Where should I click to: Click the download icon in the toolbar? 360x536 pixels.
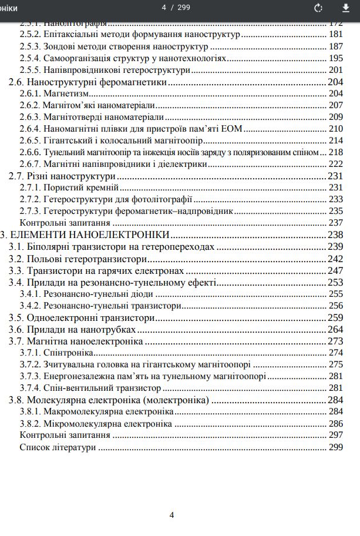[345, 8]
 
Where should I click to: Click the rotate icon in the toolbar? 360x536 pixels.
[319, 8]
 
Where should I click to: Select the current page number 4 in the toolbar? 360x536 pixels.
[164, 8]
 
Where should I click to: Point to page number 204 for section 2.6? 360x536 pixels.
[335, 82]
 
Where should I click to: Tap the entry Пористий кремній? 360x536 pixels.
[81, 187]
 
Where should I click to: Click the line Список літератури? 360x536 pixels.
[57, 447]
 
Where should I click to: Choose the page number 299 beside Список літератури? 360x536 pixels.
[335, 447]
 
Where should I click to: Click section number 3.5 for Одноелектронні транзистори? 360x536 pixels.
[16, 317]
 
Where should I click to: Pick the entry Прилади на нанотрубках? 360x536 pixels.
[82, 329]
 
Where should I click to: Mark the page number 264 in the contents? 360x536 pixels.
[335, 329]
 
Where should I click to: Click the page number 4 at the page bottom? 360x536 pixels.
[171, 515]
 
